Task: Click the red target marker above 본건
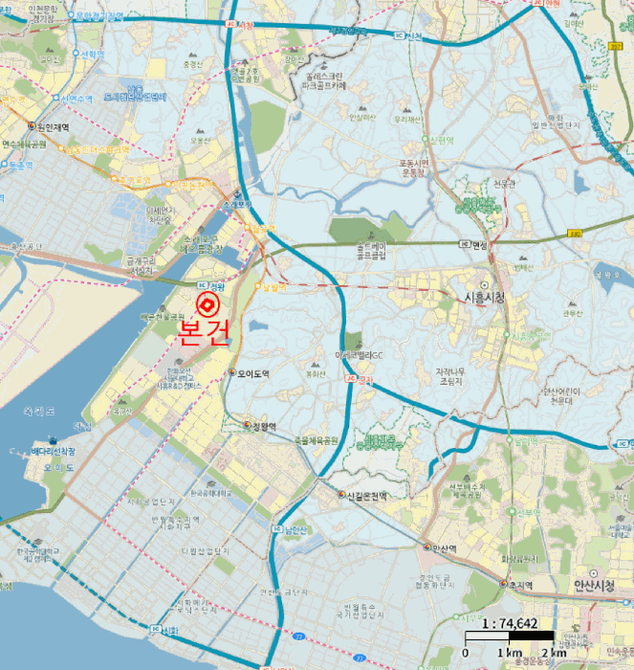pyautogui.click(x=207, y=305)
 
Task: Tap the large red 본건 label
pyautogui.click(x=205, y=331)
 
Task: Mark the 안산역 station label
pyautogui.click(x=440, y=547)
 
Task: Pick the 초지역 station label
pyautogui.click(x=518, y=584)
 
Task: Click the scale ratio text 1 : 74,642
pyautogui.click(x=510, y=624)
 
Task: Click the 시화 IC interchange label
pyautogui.click(x=164, y=630)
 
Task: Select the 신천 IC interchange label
pyautogui.click(x=408, y=36)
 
